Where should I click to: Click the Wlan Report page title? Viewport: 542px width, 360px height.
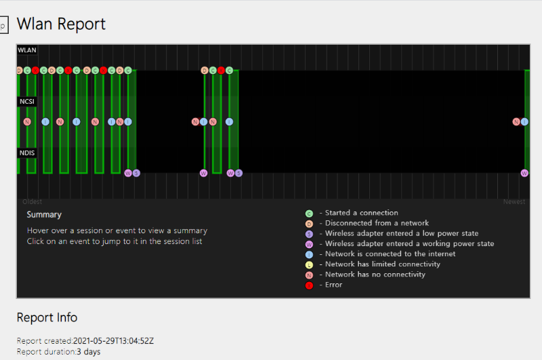tap(61, 24)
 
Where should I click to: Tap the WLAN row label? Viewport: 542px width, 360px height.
tap(27, 50)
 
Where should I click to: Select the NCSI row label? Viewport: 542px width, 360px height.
tap(27, 102)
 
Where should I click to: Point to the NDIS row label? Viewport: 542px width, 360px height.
tap(27, 153)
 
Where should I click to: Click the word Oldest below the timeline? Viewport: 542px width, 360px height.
tap(32, 201)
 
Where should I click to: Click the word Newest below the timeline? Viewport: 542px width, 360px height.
tap(514, 201)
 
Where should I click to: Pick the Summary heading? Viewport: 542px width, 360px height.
tap(44, 215)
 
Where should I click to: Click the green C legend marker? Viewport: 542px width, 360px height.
tap(310, 214)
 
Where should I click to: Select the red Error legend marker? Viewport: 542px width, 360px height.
tap(310, 285)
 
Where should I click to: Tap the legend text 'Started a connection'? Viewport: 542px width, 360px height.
tap(362, 213)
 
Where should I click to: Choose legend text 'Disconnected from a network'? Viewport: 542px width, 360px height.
tap(377, 223)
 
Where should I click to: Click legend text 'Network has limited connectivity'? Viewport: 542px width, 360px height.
tap(383, 264)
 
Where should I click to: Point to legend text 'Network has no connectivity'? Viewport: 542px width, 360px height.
tap(375, 274)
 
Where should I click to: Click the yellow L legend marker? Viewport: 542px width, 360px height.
tap(310, 264)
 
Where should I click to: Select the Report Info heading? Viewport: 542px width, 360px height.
tap(47, 317)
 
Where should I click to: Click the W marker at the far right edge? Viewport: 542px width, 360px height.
tap(524, 173)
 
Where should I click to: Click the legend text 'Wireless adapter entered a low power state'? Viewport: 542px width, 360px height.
tap(402, 233)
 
